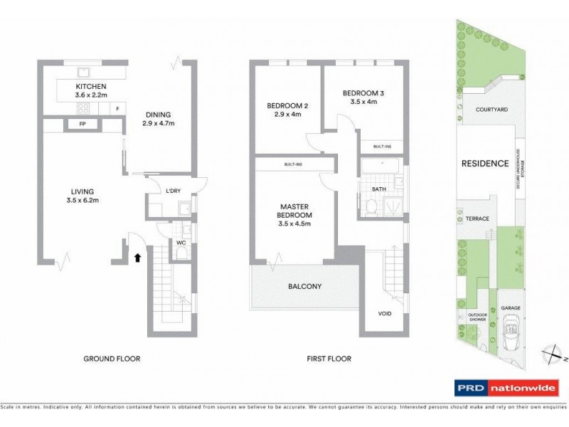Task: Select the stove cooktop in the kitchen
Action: tap(82, 109)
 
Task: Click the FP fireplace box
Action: tap(73, 124)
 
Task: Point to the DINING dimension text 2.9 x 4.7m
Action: tap(158, 124)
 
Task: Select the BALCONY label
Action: tap(305, 287)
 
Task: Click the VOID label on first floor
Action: tap(385, 311)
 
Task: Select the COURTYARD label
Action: tap(491, 110)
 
